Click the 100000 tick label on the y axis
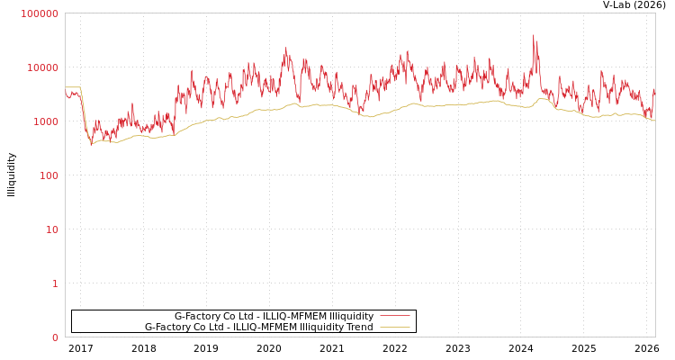(40, 13)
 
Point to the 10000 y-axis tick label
(42, 67)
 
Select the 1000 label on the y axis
(45, 121)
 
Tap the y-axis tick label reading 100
(48, 175)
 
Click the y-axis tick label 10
(51, 229)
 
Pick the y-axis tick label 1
(54, 283)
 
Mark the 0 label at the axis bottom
(54, 337)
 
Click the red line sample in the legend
(394, 316)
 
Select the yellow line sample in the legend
(394, 327)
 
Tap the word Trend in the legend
(357, 327)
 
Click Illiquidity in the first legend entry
(350, 316)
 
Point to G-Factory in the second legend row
(167, 327)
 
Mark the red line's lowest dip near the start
(90, 143)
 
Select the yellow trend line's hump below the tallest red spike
(542, 99)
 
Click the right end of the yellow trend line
(654, 120)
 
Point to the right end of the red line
(654, 90)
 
